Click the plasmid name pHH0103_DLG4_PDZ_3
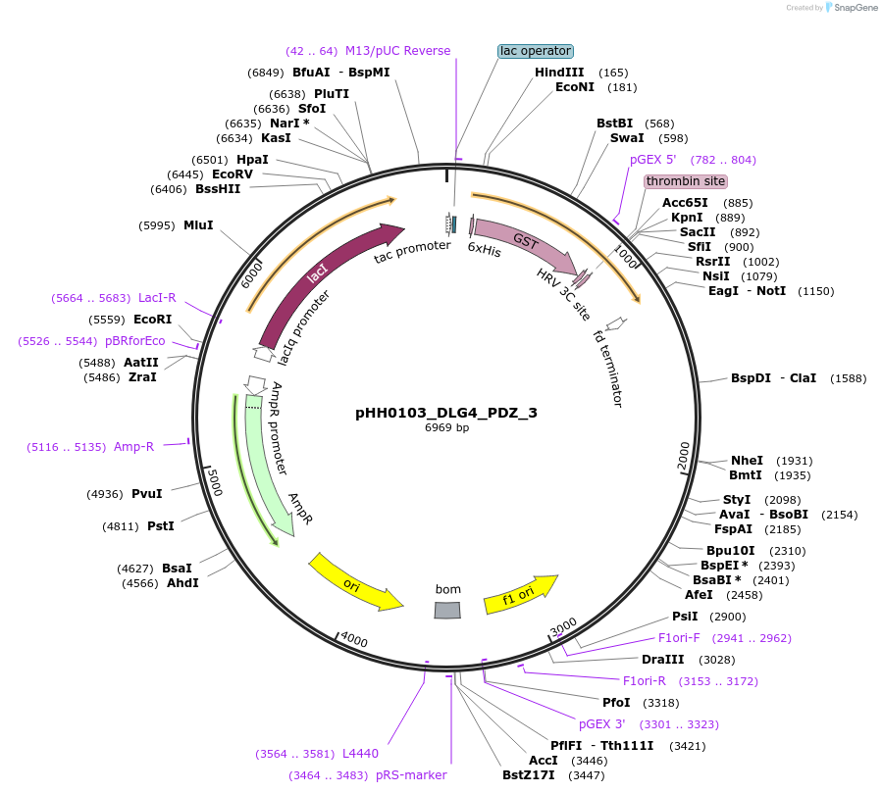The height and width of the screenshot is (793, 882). point(446,413)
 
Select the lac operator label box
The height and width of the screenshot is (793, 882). point(536,51)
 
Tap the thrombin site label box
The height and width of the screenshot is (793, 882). point(686,181)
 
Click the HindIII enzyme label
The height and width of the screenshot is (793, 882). point(559,73)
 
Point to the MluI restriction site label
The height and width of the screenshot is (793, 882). point(198,225)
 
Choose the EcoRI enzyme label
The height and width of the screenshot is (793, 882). point(153,320)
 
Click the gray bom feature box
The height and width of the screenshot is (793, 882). point(447,611)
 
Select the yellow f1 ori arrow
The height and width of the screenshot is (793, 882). point(520,594)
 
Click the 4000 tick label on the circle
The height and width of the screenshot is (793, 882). point(353,641)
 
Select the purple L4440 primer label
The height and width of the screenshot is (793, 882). point(360,754)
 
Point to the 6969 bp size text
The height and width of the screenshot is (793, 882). point(446,428)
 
